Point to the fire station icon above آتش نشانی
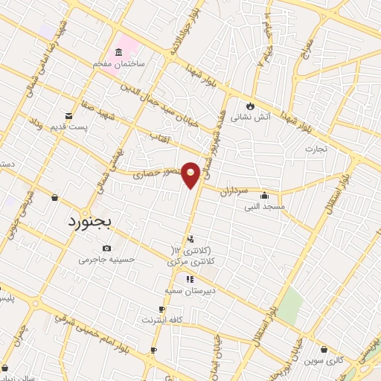[249, 105]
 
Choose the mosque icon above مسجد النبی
[264, 196]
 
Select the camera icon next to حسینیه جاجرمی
[106, 248]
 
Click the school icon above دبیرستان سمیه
[190, 279]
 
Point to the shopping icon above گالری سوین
[325, 349]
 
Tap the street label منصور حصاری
[157, 174]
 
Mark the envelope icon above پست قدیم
[68, 115]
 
